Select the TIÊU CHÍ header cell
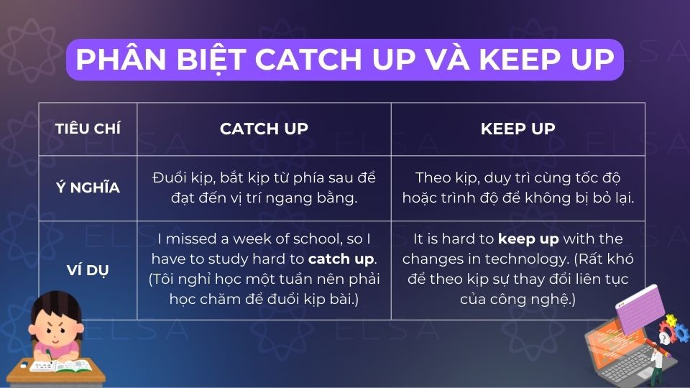88,129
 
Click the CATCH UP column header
264,129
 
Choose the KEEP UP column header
517,129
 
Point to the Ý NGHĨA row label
88,188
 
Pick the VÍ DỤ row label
88,270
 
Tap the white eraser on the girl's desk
24,366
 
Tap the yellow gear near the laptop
671,320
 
